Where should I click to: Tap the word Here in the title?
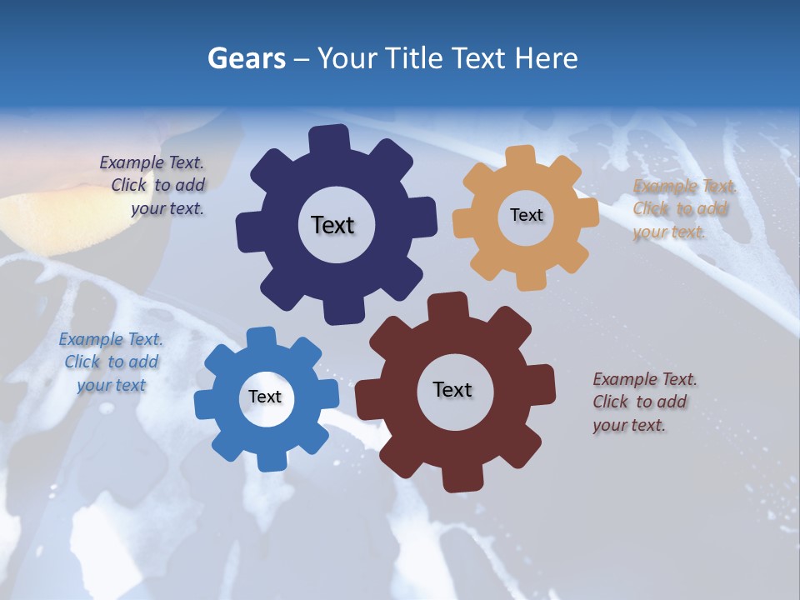point(547,58)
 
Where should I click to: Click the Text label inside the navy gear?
point(332,225)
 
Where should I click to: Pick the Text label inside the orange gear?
point(526,215)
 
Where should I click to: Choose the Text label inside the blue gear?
point(265,397)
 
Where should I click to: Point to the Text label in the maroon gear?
point(452,389)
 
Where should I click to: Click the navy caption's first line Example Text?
point(152,163)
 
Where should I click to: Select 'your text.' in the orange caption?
point(669,232)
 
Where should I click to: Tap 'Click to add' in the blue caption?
point(112,362)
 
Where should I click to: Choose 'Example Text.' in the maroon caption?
point(645,380)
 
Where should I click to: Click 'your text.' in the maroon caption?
point(629,425)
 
